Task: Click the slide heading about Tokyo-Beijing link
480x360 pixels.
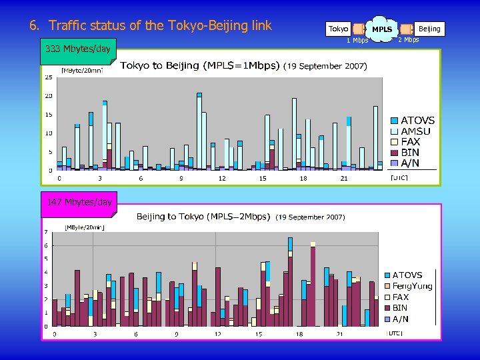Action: pyautogui.click(x=151, y=26)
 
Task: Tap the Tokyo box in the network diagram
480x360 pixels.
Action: pyautogui.click(x=339, y=29)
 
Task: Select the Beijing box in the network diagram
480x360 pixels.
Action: pyautogui.click(x=429, y=29)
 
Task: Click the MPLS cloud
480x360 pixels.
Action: pyautogui.click(x=382, y=29)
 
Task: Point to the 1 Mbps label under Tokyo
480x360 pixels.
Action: pyautogui.click(x=357, y=41)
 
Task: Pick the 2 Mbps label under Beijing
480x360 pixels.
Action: pyautogui.click(x=408, y=40)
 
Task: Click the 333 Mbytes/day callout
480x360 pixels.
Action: pyautogui.click(x=77, y=49)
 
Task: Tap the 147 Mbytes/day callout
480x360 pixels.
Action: pyautogui.click(x=79, y=202)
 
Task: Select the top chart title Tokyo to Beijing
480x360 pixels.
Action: pyautogui.click(x=199, y=65)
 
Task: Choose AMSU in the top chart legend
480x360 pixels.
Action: pyautogui.click(x=415, y=131)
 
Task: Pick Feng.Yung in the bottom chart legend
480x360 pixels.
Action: pyautogui.click(x=412, y=286)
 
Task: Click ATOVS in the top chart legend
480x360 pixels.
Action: pyautogui.click(x=417, y=121)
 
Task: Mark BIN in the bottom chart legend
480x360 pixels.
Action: pyautogui.click(x=400, y=308)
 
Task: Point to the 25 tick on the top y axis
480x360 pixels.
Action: pyautogui.click(x=49, y=77)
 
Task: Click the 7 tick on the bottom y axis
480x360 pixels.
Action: pyautogui.click(x=46, y=232)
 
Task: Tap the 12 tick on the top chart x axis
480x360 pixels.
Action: pyautogui.click(x=222, y=179)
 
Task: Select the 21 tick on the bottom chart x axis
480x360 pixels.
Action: pyautogui.click(x=340, y=333)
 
